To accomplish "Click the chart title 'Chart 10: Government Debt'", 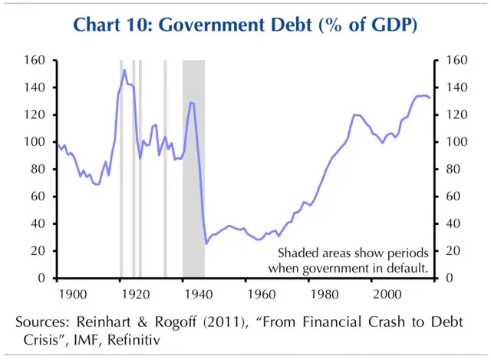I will (245, 25).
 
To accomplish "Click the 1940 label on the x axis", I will (197, 294).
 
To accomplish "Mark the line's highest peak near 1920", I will (124, 70).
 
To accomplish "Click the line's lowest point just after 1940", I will (206, 243).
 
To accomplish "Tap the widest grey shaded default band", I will (193, 169).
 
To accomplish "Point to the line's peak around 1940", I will (191, 102).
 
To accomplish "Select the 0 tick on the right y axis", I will (447, 279).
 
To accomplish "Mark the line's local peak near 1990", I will (354, 114).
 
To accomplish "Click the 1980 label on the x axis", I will (323, 294).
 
